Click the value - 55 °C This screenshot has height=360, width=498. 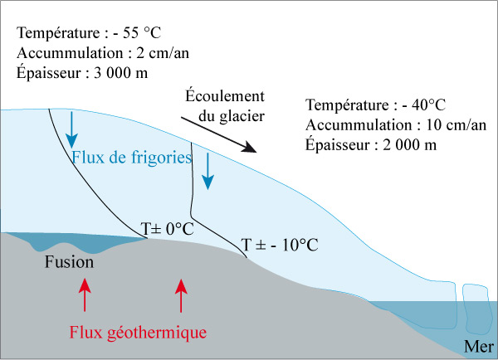pyautogui.click(x=137, y=32)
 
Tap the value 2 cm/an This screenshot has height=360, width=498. pyautogui.click(x=163, y=53)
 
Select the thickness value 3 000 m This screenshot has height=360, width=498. pyautogui.click(x=120, y=73)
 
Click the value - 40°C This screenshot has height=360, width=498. pyautogui.click(x=423, y=105)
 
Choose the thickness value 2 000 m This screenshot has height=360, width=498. pyautogui.click(x=410, y=145)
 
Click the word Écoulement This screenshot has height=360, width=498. pyautogui.click(x=225, y=95)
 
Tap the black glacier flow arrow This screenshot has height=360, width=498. pyautogui.click(x=219, y=134)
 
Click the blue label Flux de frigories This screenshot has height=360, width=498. pyautogui.click(x=132, y=157)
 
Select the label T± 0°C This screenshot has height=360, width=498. pyautogui.click(x=168, y=229)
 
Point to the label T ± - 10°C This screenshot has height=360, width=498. pyautogui.click(x=280, y=245)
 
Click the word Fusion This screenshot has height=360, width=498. pyautogui.click(x=69, y=262)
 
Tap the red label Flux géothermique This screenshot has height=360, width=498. pyautogui.click(x=138, y=333)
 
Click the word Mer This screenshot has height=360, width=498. pyautogui.click(x=479, y=347)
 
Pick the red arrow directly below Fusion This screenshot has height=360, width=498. pyautogui.click(x=85, y=294)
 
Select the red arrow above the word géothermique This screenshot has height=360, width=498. pyautogui.click(x=181, y=295)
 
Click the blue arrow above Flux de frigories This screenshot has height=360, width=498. pyautogui.click(x=71, y=130)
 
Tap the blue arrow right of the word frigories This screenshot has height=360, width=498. pyautogui.click(x=208, y=172)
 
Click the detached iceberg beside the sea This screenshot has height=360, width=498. pyautogui.click(x=476, y=309)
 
